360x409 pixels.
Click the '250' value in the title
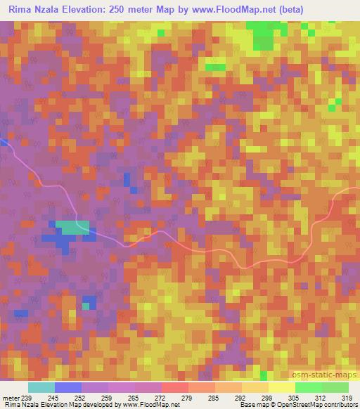click(x=132, y=9)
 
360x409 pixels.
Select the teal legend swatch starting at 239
click(x=41, y=387)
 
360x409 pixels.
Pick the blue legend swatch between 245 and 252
click(x=68, y=387)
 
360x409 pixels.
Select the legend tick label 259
click(x=108, y=397)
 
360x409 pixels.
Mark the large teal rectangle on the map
click(x=73, y=228)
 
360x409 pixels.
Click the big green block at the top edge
click(x=264, y=34)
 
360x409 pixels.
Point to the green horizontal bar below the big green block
click(x=215, y=67)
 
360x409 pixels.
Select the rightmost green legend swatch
click(x=335, y=387)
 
